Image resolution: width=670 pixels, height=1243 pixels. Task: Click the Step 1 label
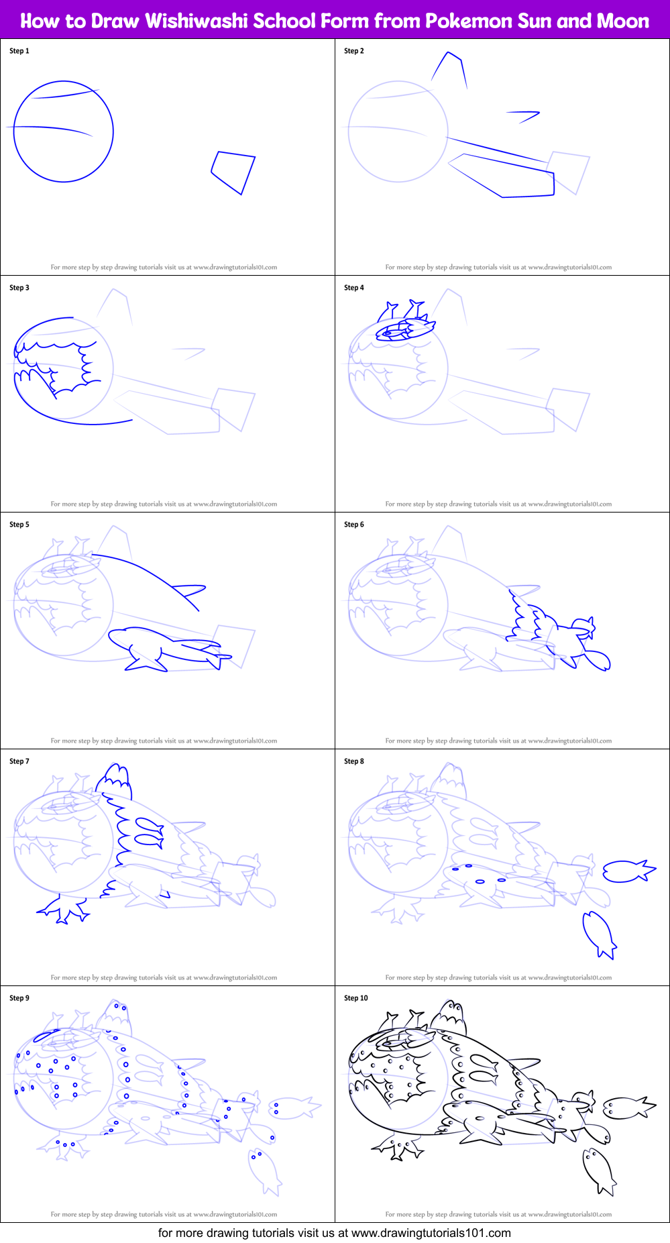(x=19, y=51)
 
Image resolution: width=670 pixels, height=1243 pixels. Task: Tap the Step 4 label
(x=354, y=288)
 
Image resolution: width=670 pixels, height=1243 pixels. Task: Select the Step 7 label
(x=19, y=761)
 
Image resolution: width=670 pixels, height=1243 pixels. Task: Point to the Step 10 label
(x=356, y=998)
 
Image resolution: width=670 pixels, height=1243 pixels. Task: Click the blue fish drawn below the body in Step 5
(x=168, y=648)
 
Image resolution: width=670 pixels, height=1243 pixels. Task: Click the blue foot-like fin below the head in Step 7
(x=64, y=909)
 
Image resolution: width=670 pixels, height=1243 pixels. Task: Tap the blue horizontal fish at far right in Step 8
(x=627, y=871)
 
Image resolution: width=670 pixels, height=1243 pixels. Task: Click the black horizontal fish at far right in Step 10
(x=627, y=1107)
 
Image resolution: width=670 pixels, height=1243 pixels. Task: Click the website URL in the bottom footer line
(x=431, y=1233)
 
